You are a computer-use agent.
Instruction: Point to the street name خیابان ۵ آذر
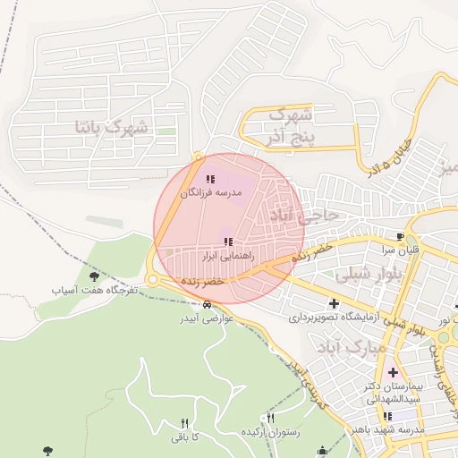pos(386,155)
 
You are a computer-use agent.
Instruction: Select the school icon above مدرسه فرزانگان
pos(210,180)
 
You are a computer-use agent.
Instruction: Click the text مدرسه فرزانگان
pos(210,193)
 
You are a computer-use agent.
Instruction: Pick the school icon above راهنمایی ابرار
pos(228,242)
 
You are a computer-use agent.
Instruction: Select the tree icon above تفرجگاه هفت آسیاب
pos(94,276)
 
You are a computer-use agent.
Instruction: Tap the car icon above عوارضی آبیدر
pos(208,305)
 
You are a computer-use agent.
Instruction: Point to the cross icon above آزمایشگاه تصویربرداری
pos(335,303)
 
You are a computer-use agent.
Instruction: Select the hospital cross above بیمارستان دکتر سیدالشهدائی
pos(393,371)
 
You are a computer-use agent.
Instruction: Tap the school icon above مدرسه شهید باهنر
pos(386,416)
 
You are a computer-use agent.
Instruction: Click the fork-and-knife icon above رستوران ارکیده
pos(271,418)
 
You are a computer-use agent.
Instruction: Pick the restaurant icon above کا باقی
pos(185,423)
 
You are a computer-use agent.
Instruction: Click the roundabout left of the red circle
pos(153,280)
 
